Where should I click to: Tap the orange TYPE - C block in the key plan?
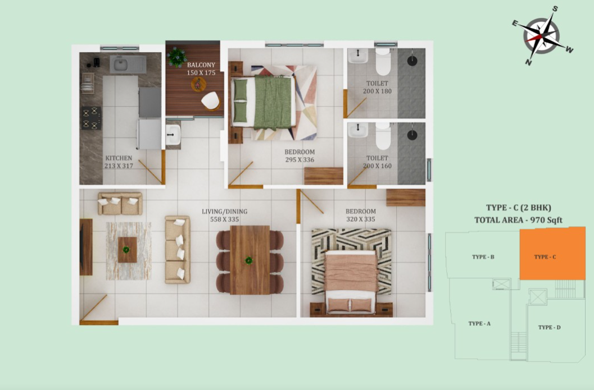point(552,254)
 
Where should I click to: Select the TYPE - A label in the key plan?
point(479,323)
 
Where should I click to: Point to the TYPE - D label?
point(549,327)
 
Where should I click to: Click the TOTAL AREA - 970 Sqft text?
point(518,220)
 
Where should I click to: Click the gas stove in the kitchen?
point(91,118)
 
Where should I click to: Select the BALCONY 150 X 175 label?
point(201,69)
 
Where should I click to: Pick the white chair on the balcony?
point(210,101)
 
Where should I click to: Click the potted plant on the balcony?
point(177,57)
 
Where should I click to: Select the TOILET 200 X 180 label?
point(377,87)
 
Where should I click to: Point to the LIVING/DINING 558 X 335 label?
point(224,215)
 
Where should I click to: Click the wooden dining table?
point(250,260)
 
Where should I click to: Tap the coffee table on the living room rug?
point(127,250)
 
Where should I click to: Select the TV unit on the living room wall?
point(86,247)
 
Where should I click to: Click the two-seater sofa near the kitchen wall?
point(120,204)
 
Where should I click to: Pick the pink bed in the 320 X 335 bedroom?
point(351,281)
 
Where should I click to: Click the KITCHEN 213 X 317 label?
point(119,162)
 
